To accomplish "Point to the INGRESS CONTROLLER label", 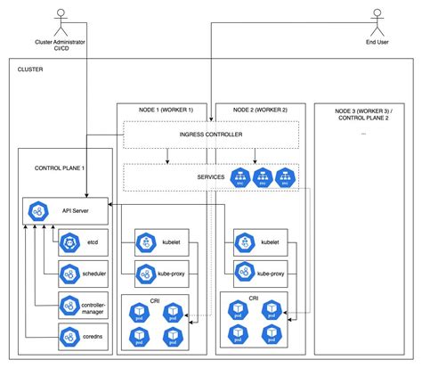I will click(210, 135).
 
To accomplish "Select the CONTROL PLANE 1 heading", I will click(60, 168).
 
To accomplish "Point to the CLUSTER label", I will click(29, 70).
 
